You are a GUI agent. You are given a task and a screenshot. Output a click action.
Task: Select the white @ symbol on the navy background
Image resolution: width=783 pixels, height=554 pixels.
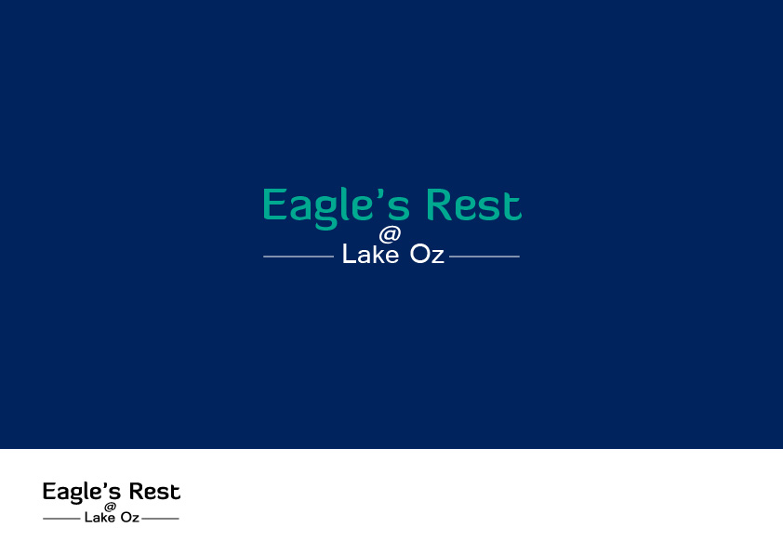pyautogui.click(x=390, y=234)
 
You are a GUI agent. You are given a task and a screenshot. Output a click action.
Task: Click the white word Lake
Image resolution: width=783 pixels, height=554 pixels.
pyautogui.click(x=370, y=255)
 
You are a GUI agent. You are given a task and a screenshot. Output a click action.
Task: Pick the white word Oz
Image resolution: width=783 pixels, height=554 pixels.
pyautogui.click(x=427, y=255)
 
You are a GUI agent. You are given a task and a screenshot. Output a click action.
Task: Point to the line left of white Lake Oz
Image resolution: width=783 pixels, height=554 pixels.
pyautogui.click(x=299, y=256)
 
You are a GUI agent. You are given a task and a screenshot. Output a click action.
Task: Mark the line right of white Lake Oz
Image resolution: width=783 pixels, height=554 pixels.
pyautogui.click(x=484, y=256)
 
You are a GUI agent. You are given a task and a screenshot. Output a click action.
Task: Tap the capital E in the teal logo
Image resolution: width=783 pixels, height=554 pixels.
pyautogui.click(x=273, y=205)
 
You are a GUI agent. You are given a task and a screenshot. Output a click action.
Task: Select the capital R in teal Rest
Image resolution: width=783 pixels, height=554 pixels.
pyautogui.click(x=438, y=205)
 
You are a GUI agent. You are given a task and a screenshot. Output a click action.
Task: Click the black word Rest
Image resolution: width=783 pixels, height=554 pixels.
pyautogui.click(x=154, y=492)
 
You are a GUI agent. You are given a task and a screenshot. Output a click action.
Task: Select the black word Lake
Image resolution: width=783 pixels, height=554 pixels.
pyautogui.click(x=100, y=517)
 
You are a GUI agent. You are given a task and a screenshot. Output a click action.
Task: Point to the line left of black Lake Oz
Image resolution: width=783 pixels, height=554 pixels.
pyautogui.click(x=61, y=518)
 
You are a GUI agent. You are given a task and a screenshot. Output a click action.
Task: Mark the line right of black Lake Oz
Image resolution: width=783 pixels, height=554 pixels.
pyautogui.click(x=160, y=518)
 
